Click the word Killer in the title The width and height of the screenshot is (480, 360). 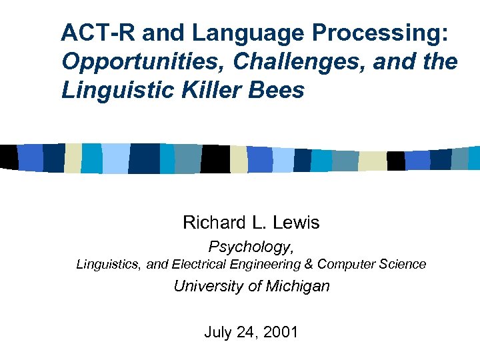pyautogui.click(x=210, y=89)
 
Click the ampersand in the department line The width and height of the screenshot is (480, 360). pyautogui.click(x=308, y=264)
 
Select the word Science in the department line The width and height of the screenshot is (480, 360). pyautogui.click(x=402, y=264)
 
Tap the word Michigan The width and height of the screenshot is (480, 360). pyautogui.click(x=297, y=287)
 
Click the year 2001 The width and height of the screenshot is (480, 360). pyautogui.click(x=281, y=331)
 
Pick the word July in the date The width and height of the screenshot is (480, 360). pyautogui.click(x=217, y=331)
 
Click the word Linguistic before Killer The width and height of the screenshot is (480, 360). pyautogui.click(x=109, y=89)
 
